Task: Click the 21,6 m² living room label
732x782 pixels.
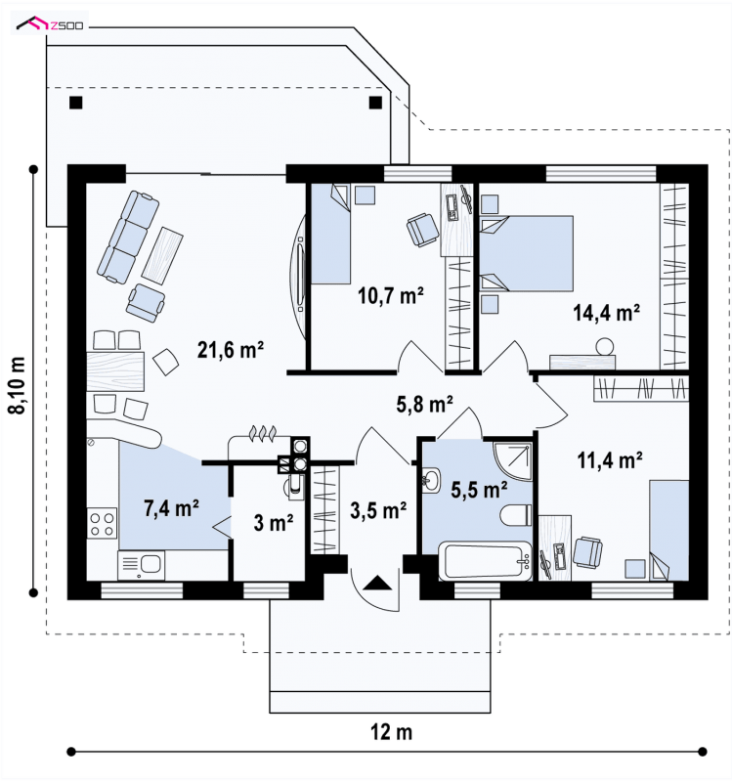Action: (231, 350)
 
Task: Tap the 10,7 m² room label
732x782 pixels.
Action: (391, 296)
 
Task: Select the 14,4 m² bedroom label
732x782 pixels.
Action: (606, 313)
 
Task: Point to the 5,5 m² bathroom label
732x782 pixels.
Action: (479, 490)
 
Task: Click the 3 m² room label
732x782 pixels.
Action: (274, 523)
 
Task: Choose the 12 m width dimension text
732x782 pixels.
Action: (392, 732)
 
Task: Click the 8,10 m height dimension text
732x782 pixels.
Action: (17, 385)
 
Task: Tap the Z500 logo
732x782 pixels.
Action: (50, 23)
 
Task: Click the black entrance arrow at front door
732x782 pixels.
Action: (377, 583)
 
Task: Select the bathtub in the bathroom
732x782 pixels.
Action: (485, 561)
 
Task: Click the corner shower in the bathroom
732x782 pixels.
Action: (513, 461)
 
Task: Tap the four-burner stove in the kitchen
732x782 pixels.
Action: (102, 523)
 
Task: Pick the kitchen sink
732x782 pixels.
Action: (141, 565)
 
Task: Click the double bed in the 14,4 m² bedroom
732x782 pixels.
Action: (527, 253)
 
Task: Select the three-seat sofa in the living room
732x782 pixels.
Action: (128, 237)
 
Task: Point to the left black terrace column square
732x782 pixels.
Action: (76, 103)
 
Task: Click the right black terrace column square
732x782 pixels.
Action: (375, 103)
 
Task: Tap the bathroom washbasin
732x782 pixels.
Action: (431, 480)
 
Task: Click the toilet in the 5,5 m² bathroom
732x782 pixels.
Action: (516, 515)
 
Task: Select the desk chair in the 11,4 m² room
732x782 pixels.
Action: (587, 552)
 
